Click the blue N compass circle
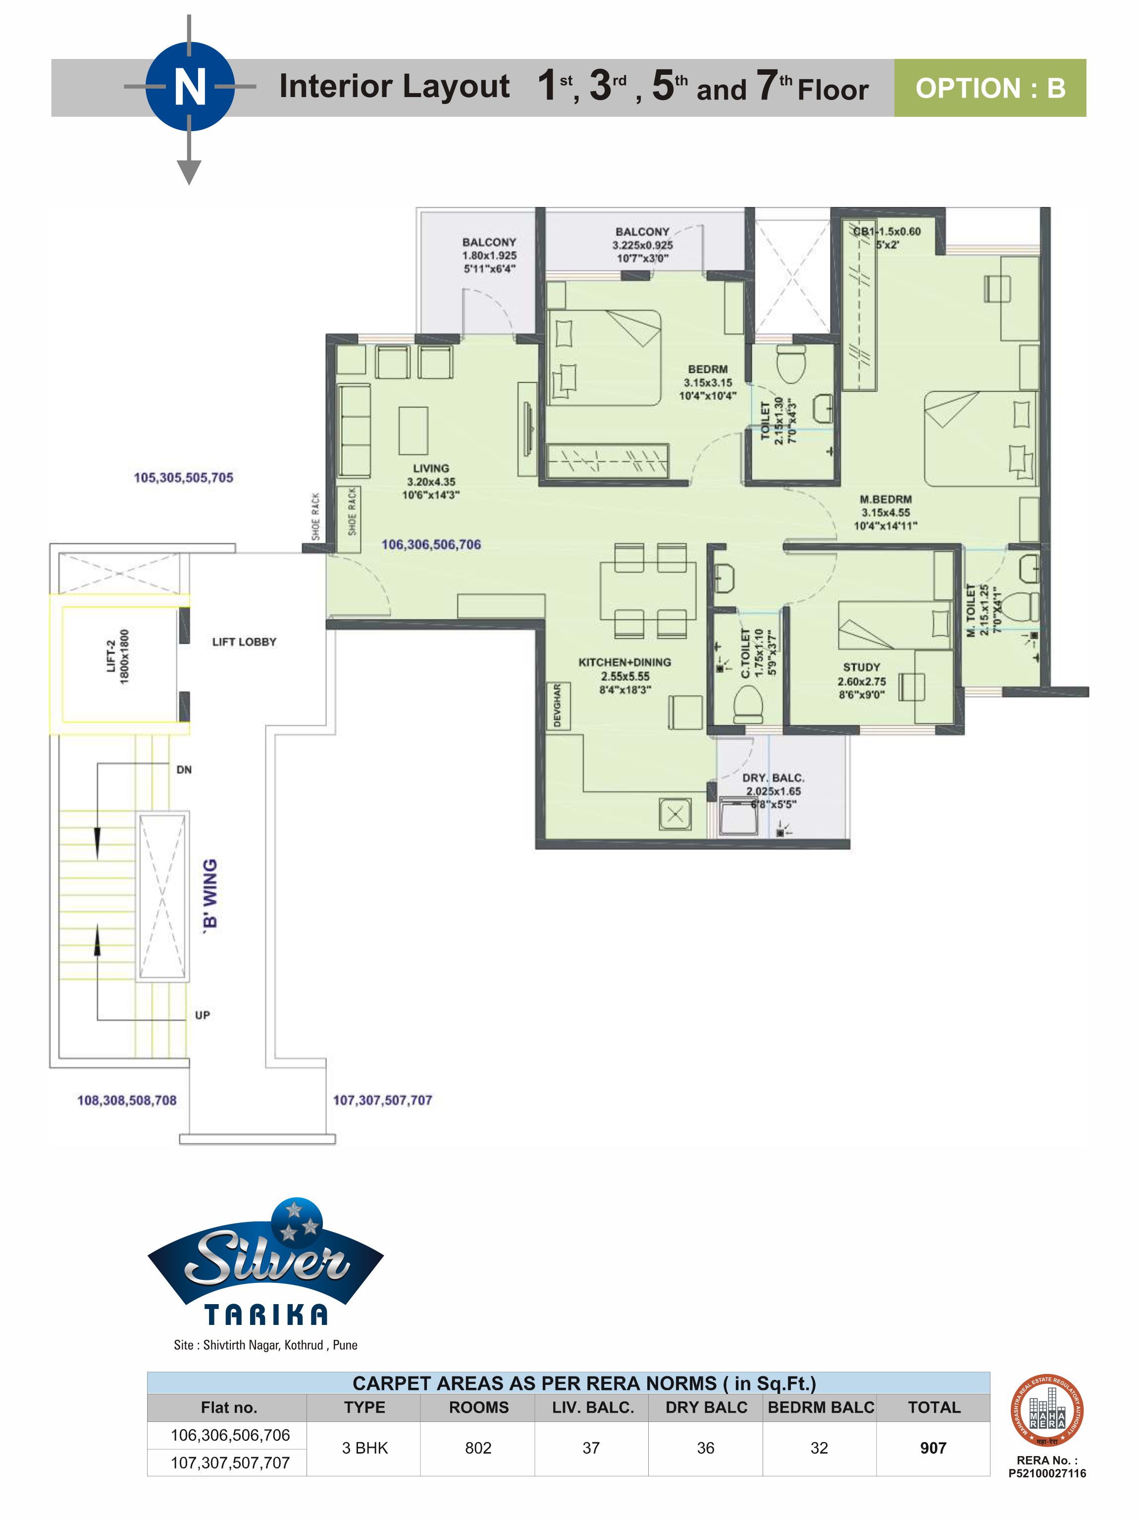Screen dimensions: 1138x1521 pos(190,87)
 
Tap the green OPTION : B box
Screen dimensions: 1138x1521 pos(989,88)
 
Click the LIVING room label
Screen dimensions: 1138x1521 pos(431,481)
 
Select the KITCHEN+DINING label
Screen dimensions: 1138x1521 pos(624,676)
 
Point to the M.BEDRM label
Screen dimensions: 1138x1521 pos(885,512)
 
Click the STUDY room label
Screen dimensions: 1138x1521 pos(862,681)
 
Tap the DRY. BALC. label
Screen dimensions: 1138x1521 pos(773,791)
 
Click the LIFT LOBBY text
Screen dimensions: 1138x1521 pos(244,642)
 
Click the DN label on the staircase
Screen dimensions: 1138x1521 pos(184,769)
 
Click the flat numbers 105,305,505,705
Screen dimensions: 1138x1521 pos(184,477)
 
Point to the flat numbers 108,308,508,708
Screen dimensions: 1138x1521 pos(126,1100)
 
